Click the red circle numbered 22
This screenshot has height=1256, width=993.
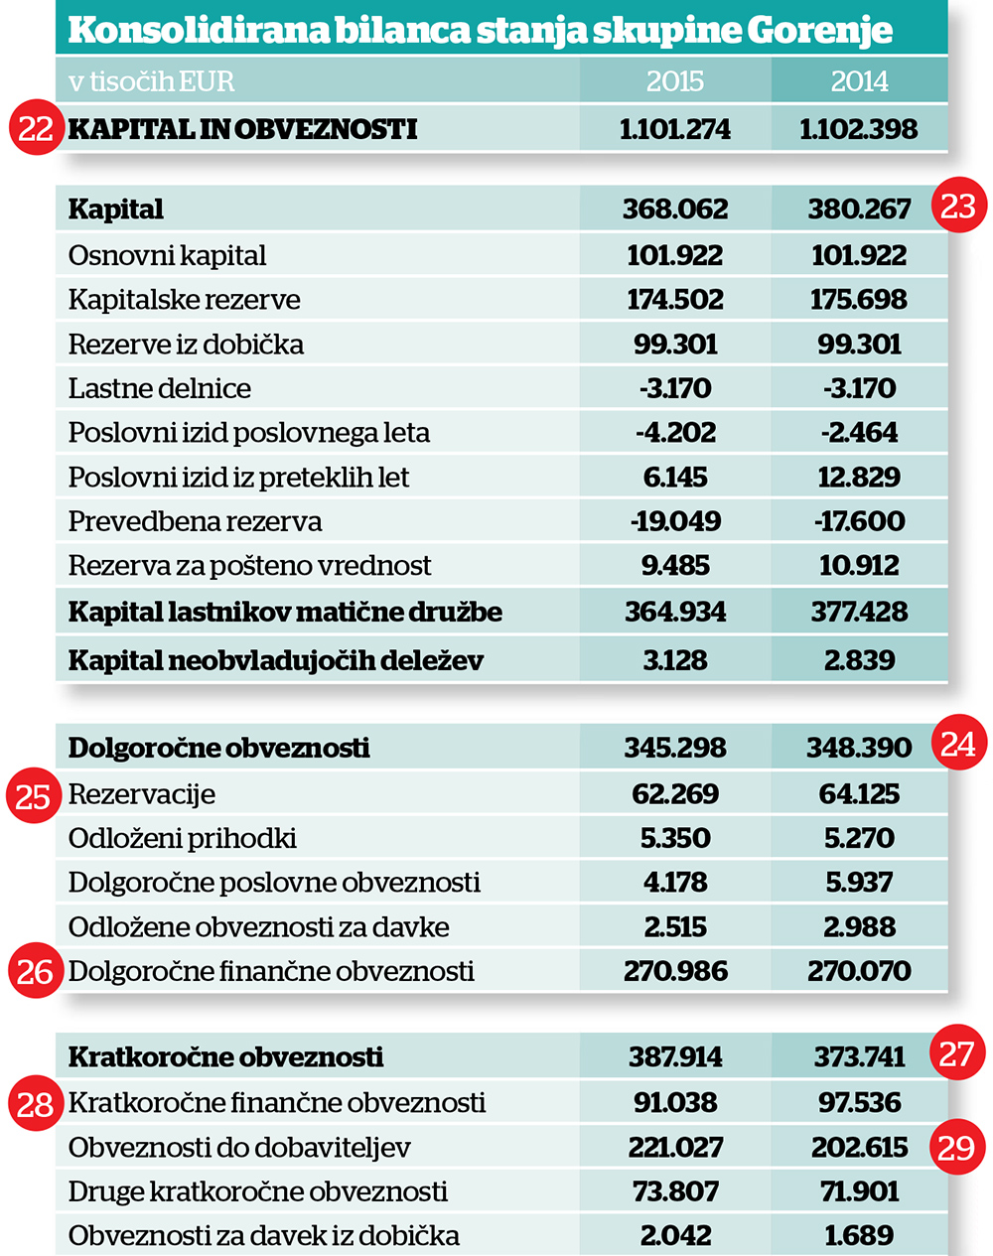pos(36,127)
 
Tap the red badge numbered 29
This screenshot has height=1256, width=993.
pos(955,1147)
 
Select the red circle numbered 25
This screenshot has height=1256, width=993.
pos(34,795)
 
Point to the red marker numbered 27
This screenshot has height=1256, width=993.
pos(955,1052)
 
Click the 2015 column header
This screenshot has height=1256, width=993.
pos(675,81)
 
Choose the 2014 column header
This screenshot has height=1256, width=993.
pos(859,81)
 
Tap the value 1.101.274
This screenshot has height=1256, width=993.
pos(675,129)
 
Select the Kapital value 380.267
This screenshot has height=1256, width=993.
pos(859,209)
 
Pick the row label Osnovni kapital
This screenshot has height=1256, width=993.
pos(167,255)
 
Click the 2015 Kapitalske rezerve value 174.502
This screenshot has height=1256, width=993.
pos(675,300)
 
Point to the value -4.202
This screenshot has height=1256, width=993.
pos(675,433)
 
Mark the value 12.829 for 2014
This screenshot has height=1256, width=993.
pos(859,477)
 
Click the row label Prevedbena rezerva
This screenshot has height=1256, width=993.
pos(195,521)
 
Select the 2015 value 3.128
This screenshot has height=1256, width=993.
pos(675,660)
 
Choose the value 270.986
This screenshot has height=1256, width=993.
pos(675,971)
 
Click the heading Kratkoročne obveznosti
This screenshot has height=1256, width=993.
pos(226,1056)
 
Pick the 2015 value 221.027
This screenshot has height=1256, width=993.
pos(675,1148)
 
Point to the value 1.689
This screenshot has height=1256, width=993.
pos(859,1235)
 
